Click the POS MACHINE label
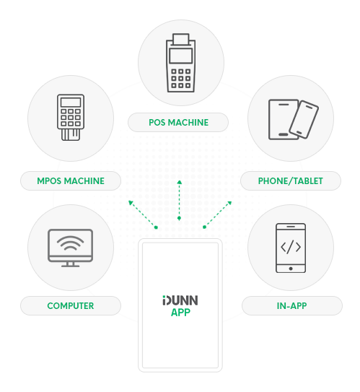click(178, 123)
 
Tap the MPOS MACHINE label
click(71, 180)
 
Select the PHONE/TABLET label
click(290, 180)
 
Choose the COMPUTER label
click(71, 306)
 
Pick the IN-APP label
click(291, 306)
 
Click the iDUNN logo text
click(180, 300)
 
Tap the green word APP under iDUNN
click(180, 313)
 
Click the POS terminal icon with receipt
click(180, 63)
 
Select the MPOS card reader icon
click(71, 117)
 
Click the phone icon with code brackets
click(291, 248)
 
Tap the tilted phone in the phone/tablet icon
click(304, 120)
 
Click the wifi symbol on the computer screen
click(70, 243)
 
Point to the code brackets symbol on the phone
click(291, 247)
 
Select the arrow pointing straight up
click(179, 200)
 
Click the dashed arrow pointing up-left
click(142, 214)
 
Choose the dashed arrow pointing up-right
click(217, 214)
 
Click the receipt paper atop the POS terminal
click(180, 39)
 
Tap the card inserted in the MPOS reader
click(71, 134)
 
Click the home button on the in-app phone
click(291, 269)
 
